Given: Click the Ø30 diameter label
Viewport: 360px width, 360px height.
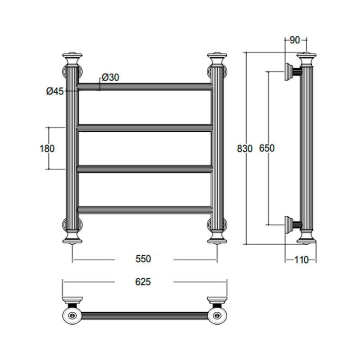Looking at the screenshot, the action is point(111,77).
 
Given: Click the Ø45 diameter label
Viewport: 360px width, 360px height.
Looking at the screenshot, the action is point(55,91).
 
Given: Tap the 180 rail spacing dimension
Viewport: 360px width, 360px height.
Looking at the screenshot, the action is point(47,148).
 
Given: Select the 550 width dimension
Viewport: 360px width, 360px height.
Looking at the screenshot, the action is point(143,259).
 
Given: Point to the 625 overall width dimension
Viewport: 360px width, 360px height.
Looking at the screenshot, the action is point(143,282).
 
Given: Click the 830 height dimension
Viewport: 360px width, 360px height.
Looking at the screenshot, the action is point(245,148).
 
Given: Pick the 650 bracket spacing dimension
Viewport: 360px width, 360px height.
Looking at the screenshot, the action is point(267,148).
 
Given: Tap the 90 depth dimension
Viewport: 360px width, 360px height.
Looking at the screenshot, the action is point(295,40).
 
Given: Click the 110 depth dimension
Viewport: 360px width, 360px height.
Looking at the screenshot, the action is point(301,260).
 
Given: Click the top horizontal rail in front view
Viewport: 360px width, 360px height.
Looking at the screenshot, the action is point(145,86).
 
